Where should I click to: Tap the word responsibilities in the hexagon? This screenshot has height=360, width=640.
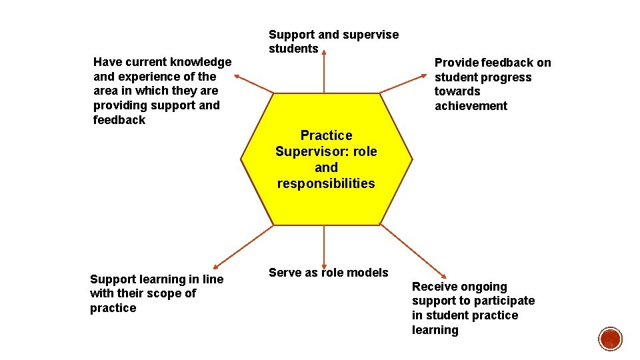point(326,183)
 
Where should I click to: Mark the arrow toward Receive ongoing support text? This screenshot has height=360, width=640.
point(413,250)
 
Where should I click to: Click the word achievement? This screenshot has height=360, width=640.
point(471,106)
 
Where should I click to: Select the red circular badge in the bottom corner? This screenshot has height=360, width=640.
point(610,339)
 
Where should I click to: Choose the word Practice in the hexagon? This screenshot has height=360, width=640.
point(326,135)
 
